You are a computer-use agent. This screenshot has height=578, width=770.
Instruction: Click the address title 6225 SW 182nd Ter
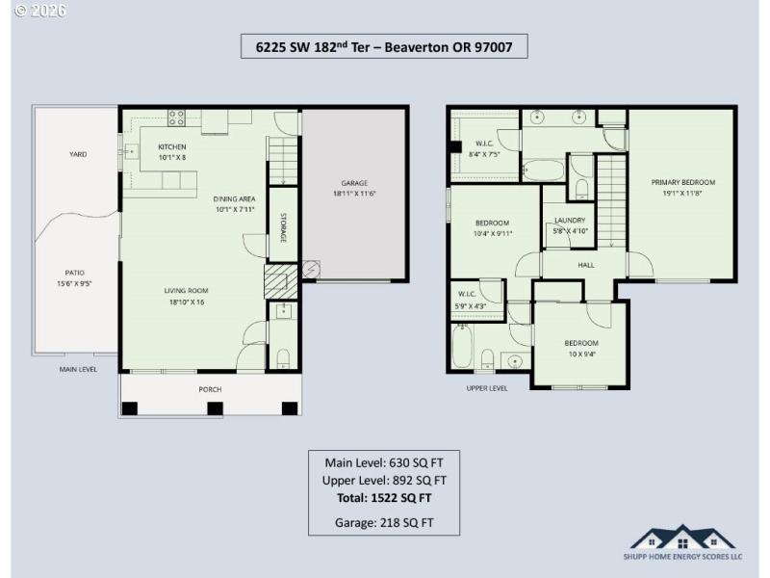(384, 47)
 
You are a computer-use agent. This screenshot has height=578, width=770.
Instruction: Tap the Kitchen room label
(172, 147)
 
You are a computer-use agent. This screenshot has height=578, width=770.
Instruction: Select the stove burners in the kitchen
(177, 118)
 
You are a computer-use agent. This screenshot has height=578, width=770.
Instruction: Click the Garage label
(354, 183)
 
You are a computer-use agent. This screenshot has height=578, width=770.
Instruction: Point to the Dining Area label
(234, 199)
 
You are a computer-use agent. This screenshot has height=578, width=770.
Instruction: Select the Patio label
(75, 273)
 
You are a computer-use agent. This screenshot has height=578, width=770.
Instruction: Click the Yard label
(77, 154)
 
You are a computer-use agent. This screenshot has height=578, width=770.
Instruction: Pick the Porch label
(210, 389)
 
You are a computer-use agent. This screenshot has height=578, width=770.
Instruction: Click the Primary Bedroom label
(682, 182)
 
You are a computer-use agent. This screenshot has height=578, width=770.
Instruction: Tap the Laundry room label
(570, 221)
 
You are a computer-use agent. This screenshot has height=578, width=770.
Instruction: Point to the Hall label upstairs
(586, 264)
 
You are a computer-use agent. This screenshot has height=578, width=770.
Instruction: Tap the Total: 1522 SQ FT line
(384, 498)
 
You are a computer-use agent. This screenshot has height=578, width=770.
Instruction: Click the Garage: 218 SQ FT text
(384, 523)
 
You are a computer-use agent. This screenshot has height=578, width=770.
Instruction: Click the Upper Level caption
(486, 388)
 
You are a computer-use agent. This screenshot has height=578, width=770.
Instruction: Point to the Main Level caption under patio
(77, 368)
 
